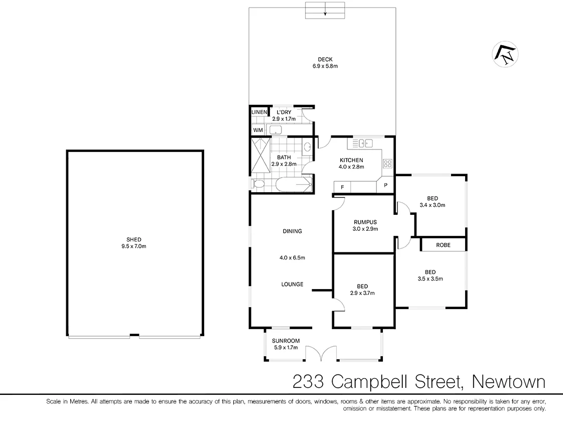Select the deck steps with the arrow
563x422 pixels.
325,10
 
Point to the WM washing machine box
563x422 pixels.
258,130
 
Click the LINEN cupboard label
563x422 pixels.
259,111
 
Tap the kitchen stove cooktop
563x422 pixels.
387,163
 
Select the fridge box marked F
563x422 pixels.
342,187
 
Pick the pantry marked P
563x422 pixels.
386,185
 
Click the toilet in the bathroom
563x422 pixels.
258,185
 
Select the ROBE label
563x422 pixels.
443,245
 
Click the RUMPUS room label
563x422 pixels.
365,222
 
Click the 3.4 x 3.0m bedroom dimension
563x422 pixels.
433,205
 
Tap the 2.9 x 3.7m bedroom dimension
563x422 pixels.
362,293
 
